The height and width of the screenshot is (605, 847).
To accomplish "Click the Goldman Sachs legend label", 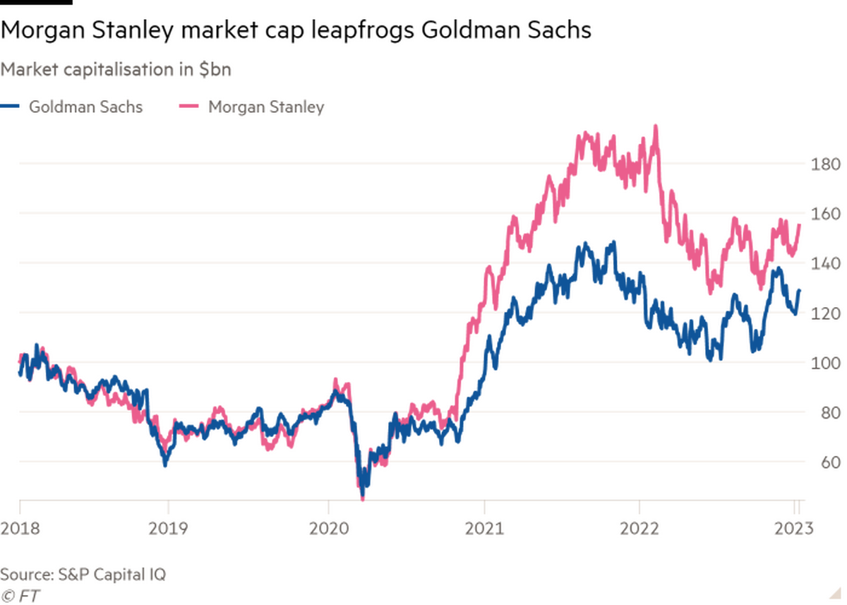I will click(x=85, y=107).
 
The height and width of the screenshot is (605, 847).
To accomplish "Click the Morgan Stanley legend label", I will click(x=266, y=107).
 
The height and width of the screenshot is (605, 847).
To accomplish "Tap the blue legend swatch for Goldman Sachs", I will click(x=11, y=107).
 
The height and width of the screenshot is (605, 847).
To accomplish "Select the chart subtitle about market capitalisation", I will click(x=117, y=70).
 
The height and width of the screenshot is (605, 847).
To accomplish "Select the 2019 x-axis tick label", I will click(x=167, y=527).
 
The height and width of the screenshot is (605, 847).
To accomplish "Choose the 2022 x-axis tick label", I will click(x=639, y=527).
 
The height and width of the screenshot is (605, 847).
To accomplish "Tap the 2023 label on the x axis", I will click(x=796, y=527).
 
